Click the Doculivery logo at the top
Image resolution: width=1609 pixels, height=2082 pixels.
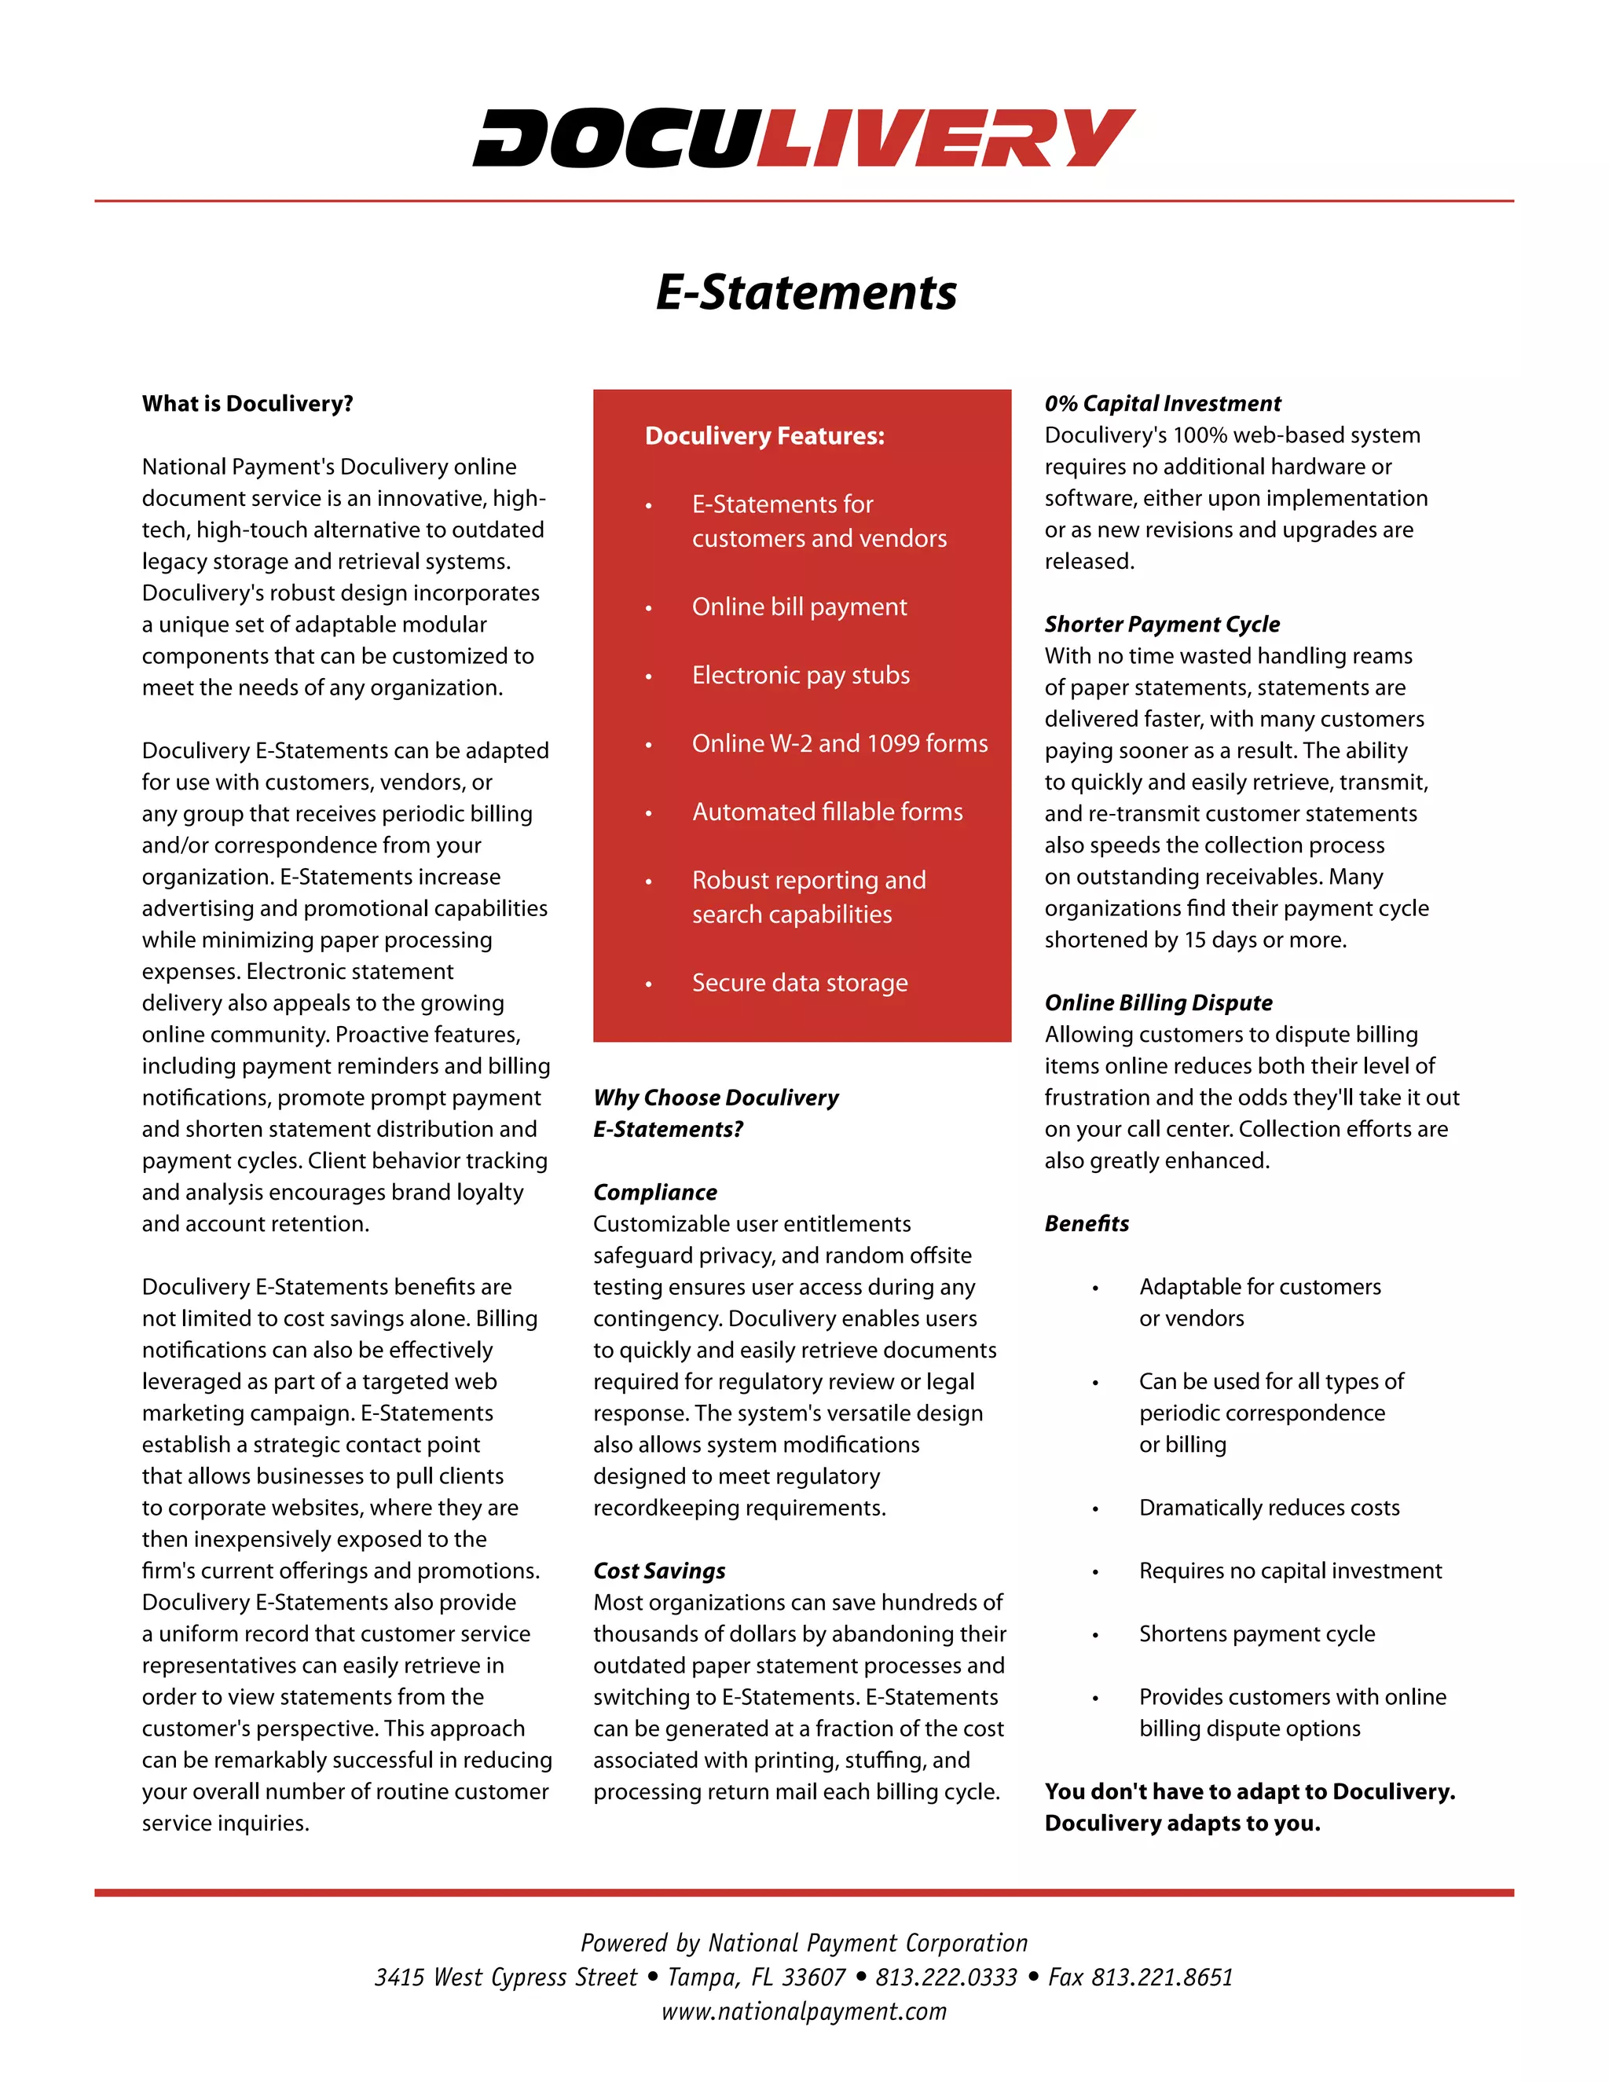pyautogui.click(x=804, y=138)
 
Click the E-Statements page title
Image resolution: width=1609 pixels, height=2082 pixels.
pyautogui.click(x=805, y=291)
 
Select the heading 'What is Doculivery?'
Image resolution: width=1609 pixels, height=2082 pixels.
pyautogui.click(x=247, y=403)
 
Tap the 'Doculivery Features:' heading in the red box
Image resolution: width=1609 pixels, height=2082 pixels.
pyautogui.click(x=764, y=436)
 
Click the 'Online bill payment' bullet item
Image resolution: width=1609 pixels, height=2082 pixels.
pyautogui.click(x=799, y=607)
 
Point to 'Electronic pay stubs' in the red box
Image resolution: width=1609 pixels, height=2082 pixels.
pyautogui.click(x=801, y=675)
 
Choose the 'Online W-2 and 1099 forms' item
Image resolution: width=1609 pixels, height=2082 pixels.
pyautogui.click(x=839, y=742)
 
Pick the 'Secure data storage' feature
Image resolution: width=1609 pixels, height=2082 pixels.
pyautogui.click(x=799, y=982)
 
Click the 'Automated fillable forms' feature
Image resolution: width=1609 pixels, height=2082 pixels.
pyautogui.click(x=826, y=812)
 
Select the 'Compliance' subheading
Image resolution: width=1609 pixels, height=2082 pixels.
pyautogui.click(x=655, y=1192)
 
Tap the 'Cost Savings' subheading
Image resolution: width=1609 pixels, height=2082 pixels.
pyautogui.click(x=658, y=1570)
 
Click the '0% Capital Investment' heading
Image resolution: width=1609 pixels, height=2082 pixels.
pyautogui.click(x=1162, y=403)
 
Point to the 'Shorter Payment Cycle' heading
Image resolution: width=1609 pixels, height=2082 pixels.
pyautogui.click(x=1161, y=624)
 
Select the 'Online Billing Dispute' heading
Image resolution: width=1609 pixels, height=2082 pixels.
pyautogui.click(x=1157, y=1002)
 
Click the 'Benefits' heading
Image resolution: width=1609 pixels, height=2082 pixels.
pyautogui.click(x=1086, y=1223)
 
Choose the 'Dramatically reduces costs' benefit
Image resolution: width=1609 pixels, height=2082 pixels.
pyautogui.click(x=1269, y=1507)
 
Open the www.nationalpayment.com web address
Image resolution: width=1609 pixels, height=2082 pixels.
pyautogui.click(x=804, y=2011)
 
